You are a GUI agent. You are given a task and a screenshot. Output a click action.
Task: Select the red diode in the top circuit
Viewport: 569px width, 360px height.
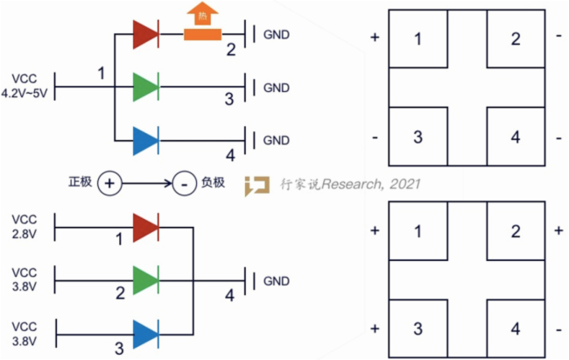(x=145, y=36)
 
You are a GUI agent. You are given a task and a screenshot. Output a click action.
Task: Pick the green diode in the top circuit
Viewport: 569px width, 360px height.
(x=145, y=88)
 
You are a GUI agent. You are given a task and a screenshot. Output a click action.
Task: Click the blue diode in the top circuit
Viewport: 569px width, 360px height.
(x=145, y=140)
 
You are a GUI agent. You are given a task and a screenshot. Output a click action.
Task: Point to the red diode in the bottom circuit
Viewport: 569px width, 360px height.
(x=145, y=229)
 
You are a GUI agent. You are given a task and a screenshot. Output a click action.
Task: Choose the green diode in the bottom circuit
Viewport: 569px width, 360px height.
(x=145, y=281)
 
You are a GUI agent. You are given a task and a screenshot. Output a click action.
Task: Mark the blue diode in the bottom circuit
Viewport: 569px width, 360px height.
(x=145, y=333)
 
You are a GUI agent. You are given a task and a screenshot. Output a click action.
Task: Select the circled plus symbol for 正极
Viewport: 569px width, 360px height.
(x=109, y=184)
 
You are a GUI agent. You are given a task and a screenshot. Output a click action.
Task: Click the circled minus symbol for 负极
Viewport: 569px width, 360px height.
(x=182, y=184)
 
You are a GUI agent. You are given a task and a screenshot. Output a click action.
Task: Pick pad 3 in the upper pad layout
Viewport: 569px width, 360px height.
(x=417, y=137)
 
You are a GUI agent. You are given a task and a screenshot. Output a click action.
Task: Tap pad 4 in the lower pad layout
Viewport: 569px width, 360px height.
(x=516, y=328)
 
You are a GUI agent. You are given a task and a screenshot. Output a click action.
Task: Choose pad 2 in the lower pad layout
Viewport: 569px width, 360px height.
(x=516, y=231)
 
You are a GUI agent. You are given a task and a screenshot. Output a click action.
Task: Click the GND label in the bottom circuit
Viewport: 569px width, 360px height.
(x=276, y=281)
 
